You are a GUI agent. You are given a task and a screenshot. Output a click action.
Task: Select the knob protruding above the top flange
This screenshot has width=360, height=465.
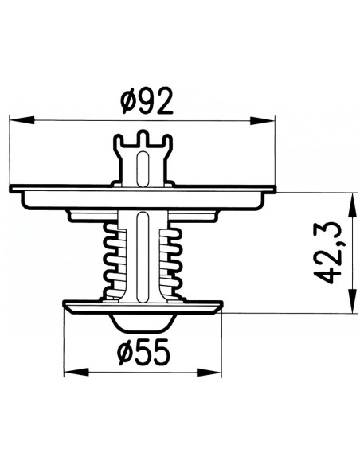[143, 159]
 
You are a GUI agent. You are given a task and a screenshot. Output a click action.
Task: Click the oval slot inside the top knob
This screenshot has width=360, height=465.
[143, 168]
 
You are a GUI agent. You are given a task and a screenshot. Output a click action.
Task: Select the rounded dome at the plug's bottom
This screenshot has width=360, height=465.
[143, 323]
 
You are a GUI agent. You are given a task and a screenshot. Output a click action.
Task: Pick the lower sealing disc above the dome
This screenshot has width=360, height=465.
[88, 307]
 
